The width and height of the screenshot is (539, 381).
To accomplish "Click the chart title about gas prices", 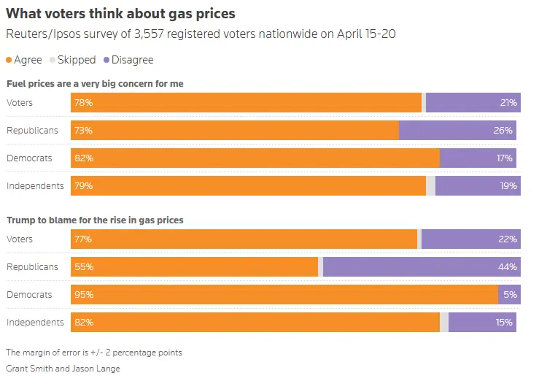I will pos(121,14).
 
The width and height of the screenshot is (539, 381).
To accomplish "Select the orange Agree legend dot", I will pos(9,60).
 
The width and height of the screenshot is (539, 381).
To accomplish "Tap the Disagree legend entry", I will pos(128,60).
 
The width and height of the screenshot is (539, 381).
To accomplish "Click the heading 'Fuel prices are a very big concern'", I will pos(95,84).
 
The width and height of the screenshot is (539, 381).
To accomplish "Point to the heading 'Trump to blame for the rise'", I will pos(95,220).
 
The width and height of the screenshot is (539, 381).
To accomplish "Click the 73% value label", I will pos(83,131).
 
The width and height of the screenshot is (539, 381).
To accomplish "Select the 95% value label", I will pos(83,295).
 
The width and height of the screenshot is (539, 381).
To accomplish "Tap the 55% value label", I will pos(83,267).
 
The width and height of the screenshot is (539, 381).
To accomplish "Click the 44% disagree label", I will pos(508,267).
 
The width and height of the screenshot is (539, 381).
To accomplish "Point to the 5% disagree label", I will pos(510,295).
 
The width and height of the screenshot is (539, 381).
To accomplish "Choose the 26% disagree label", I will pos(504,131).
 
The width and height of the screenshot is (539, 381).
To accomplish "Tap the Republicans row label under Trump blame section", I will pos(32,267).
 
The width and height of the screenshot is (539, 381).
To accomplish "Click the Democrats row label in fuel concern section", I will pos(29,158).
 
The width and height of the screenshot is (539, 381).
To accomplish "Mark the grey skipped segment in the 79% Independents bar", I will pos(430,185).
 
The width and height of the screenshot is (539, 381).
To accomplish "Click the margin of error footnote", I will pos(94,353).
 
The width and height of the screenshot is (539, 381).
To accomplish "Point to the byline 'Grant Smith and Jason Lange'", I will pos(63,369).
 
